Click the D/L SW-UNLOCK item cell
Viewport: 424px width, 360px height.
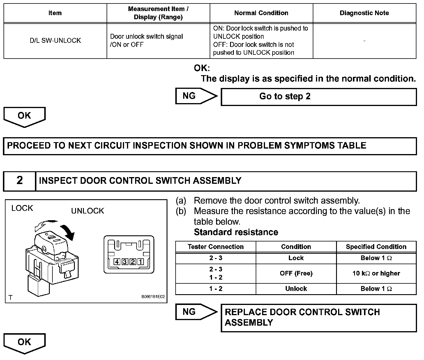(55, 40)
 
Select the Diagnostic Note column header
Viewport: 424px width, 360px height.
(364, 13)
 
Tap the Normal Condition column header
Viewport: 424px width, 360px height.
(261, 13)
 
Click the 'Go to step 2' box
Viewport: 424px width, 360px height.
(319, 97)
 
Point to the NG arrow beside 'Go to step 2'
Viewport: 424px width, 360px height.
(196, 96)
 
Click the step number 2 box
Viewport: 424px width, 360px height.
(20, 181)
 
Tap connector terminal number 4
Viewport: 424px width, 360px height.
(117, 262)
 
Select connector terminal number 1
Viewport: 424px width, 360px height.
(141, 262)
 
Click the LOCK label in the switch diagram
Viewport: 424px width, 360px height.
(22, 208)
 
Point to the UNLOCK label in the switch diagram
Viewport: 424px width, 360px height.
(87, 211)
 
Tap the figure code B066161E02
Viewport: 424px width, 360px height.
(153, 297)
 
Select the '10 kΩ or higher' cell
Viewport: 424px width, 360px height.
(376, 273)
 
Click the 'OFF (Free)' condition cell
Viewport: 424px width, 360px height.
(296, 273)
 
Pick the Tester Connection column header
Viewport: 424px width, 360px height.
(215, 247)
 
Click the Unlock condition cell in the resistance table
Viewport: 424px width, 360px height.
(296, 289)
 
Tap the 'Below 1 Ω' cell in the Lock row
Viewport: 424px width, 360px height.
(376, 258)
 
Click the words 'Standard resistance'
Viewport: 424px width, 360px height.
(236, 232)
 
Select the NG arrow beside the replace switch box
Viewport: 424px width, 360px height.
(196, 312)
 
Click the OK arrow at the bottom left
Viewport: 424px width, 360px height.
(24, 343)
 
